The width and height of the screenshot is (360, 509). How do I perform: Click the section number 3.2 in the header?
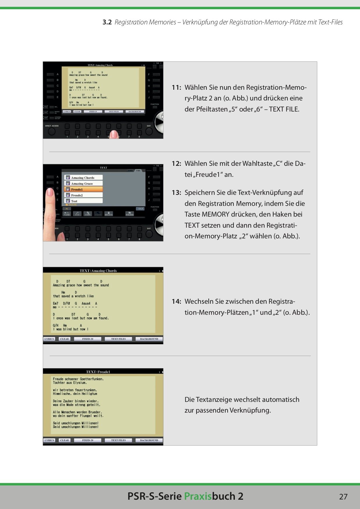coord(107,22)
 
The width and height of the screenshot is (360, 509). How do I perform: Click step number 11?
coord(176,87)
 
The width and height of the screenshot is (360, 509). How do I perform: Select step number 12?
coord(176,163)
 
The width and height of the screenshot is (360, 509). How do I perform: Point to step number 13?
coord(176,193)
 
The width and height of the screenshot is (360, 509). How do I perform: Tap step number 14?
coord(176,301)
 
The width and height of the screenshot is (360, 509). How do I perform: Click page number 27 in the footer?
coord(343,497)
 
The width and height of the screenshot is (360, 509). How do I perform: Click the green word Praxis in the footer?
coord(198,496)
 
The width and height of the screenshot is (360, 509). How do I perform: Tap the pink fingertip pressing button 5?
coord(114,134)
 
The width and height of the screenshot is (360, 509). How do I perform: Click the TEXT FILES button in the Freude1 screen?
coord(118,440)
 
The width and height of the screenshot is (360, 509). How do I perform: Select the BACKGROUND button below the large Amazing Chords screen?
coord(149,339)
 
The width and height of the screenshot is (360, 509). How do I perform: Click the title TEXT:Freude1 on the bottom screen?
coord(98,372)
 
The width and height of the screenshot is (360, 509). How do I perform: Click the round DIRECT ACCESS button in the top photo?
coord(52,132)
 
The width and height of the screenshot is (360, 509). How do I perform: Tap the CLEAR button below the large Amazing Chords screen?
coord(64,339)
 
